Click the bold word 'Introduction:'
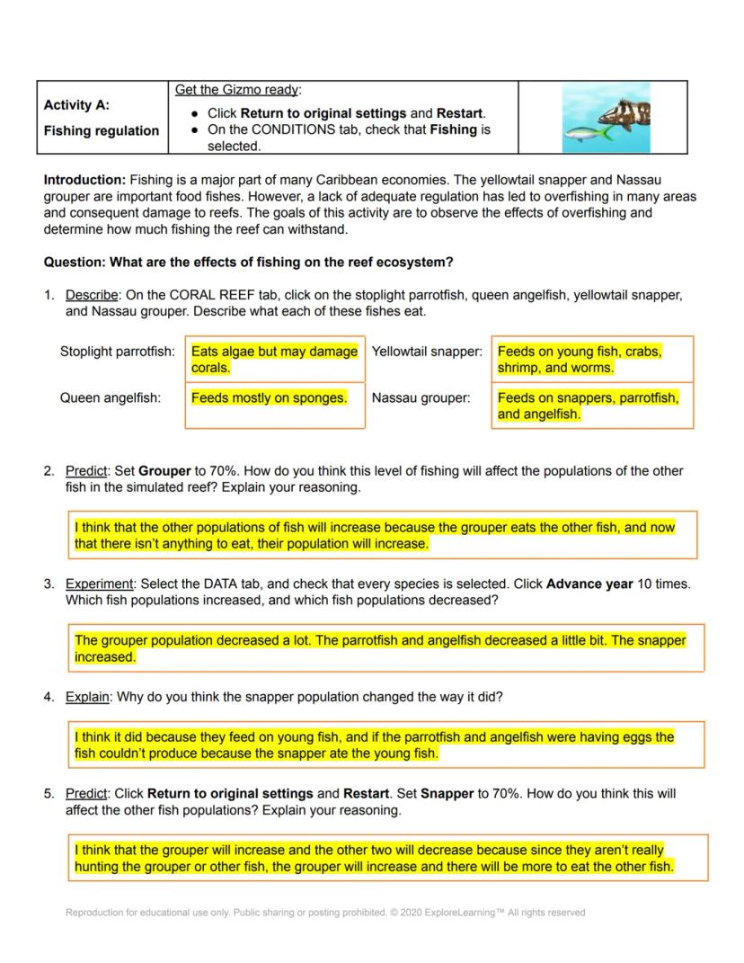(84, 180)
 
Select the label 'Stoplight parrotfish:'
(117, 352)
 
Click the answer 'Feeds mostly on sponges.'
(269, 397)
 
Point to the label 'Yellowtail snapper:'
(427, 352)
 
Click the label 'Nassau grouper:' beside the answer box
(421, 397)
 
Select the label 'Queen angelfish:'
(111, 397)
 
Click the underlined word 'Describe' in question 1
(92, 295)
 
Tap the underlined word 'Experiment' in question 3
(99, 584)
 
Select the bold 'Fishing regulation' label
(102, 130)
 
